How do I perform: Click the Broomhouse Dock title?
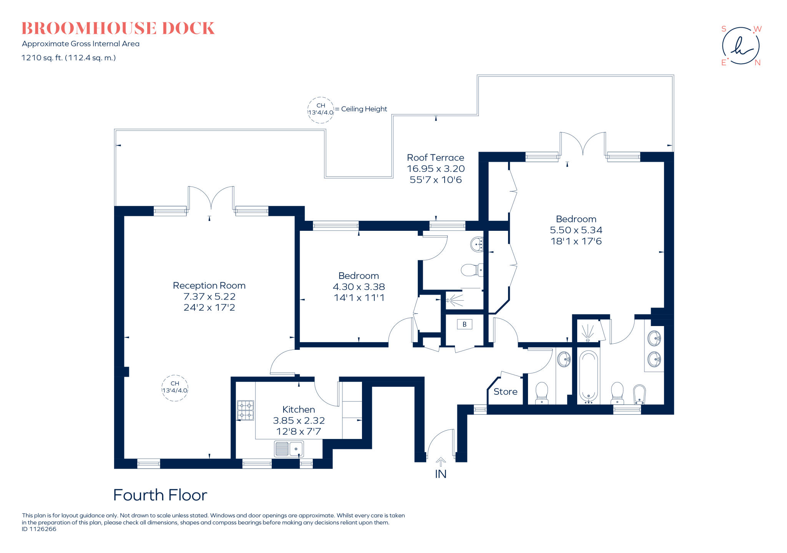point(118,28)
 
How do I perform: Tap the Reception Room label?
point(209,286)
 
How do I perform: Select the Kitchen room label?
point(299,410)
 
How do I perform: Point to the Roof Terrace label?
point(435,158)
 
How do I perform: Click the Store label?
point(505,392)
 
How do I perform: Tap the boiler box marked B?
point(464,325)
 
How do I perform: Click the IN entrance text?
point(441,474)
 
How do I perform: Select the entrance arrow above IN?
point(441,462)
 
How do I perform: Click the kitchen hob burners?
point(246,410)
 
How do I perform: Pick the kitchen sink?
point(289,449)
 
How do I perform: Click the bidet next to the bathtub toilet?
point(639,394)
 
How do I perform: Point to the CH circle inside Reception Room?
point(175,388)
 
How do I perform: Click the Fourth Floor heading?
point(160,495)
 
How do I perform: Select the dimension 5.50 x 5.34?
point(576,230)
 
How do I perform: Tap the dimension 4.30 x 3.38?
point(359,287)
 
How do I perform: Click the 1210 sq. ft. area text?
point(68,58)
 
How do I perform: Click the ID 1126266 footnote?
point(39,529)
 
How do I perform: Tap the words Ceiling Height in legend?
point(364,109)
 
